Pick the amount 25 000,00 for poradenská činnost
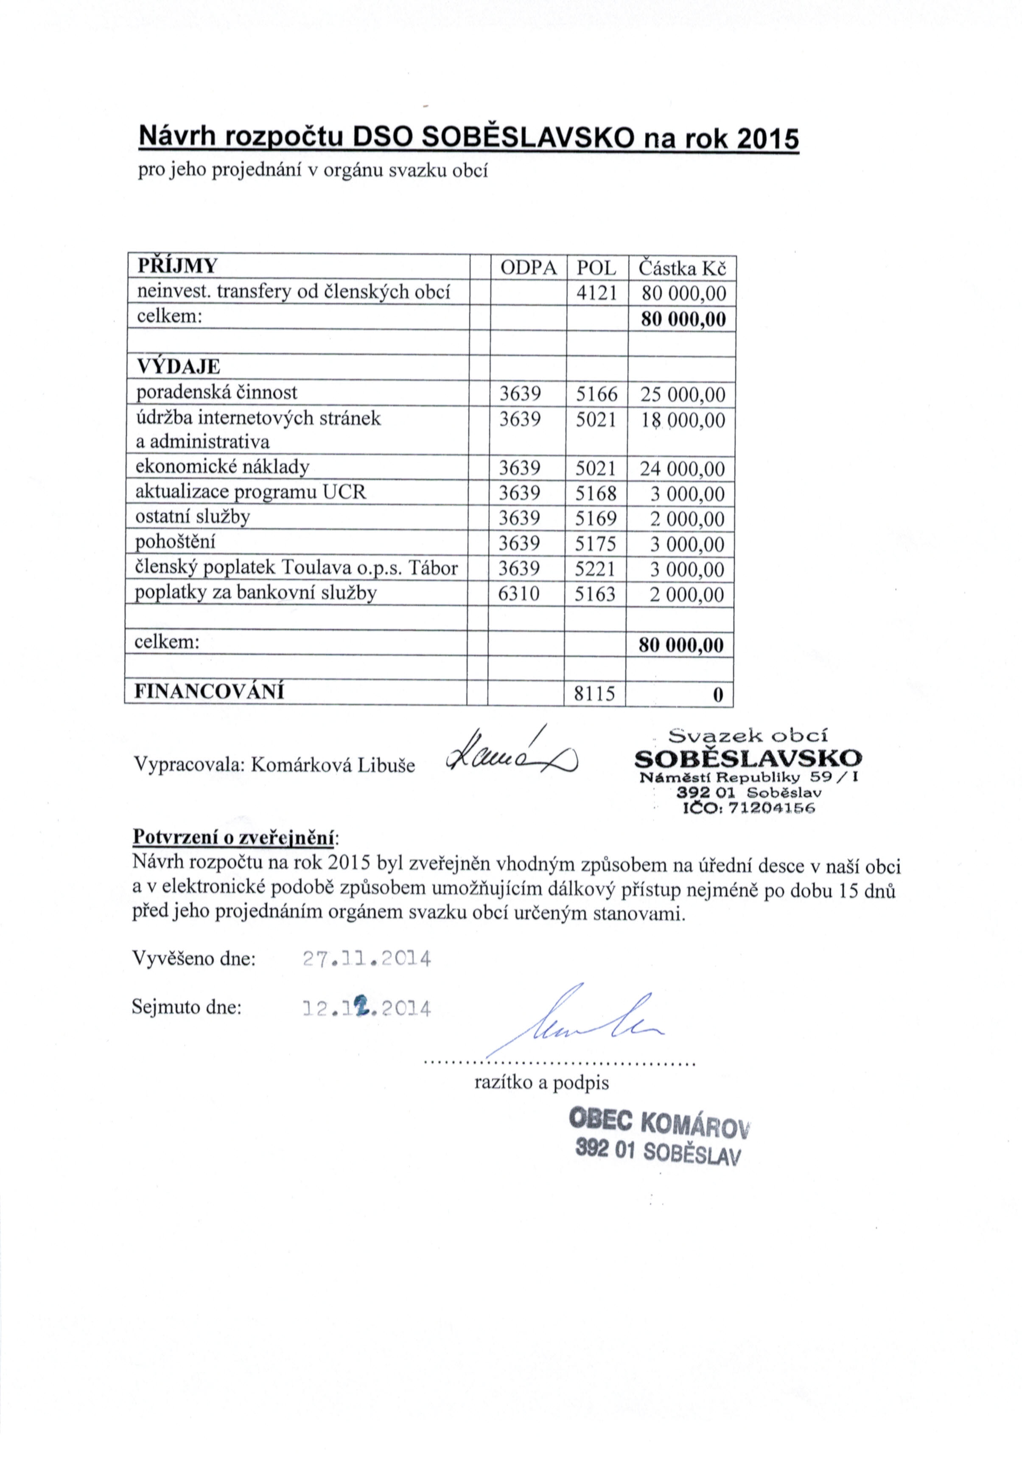[x=682, y=395]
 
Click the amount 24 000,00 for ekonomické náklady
[x=682, y=469]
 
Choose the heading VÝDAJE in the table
[x=179, y=367]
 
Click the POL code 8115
[x=594, y=693]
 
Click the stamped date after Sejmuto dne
[x=367, y=1009]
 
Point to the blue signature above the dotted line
[x=575, y=1023]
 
